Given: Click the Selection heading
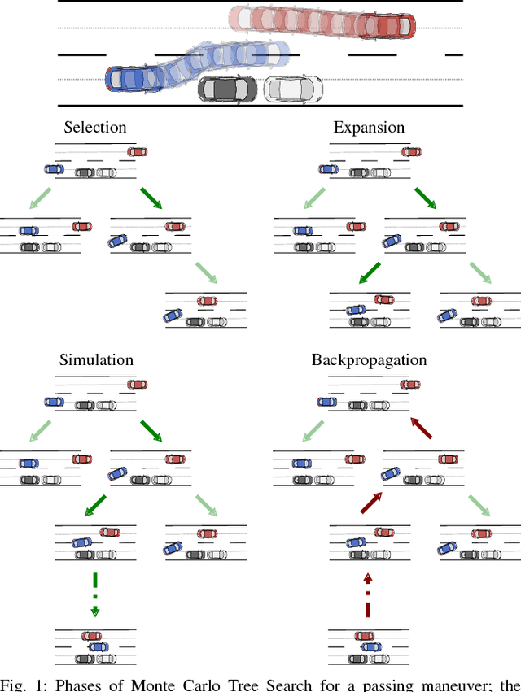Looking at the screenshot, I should click(x=95, y=128).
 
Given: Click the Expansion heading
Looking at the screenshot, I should click(x=369, y=128).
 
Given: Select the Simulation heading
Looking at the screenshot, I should click(x=96, y=359).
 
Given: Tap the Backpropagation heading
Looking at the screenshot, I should click(x=369, y=359).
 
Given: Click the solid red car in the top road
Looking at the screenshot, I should click(x=386, y=25).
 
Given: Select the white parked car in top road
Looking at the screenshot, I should click(x=292, y=88).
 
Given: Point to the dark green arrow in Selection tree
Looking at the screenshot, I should click(x=151, y=198).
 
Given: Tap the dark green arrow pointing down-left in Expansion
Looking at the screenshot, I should click(x=370, y=273).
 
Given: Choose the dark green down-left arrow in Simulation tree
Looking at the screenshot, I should click(x=96, y=506).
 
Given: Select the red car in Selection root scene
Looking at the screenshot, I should click(x=137, y=151).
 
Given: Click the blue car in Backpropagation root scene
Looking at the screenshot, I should click(x=328, y=401).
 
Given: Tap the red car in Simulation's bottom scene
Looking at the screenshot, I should click(x=91, y=636).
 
